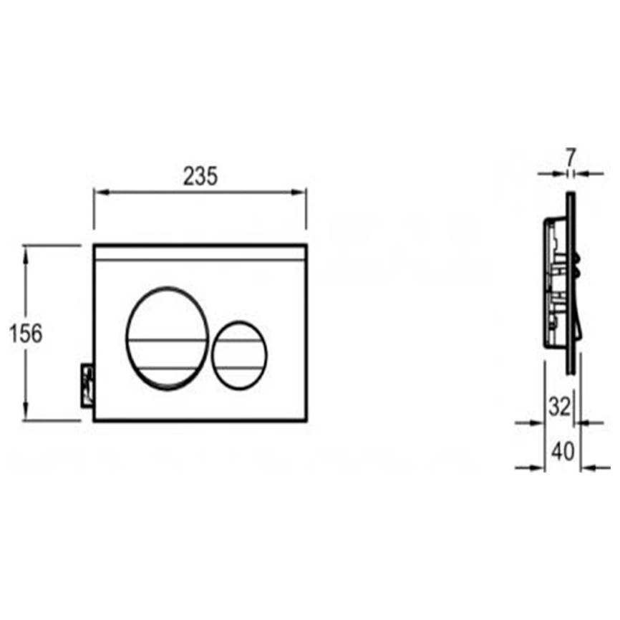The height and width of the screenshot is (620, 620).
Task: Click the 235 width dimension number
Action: point(200,176)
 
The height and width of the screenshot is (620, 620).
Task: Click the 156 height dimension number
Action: point(26,334)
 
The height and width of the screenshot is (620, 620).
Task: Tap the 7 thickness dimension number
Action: point(570,157)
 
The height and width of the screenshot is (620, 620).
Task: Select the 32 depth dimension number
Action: point(560,406)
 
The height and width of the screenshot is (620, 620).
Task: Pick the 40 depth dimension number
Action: point(563,451)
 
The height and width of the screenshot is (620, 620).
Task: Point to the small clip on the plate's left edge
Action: point(87,384)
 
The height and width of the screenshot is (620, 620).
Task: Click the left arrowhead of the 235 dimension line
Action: point(102,193)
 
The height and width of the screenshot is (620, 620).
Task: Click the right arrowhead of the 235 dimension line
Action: point(299,193)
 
